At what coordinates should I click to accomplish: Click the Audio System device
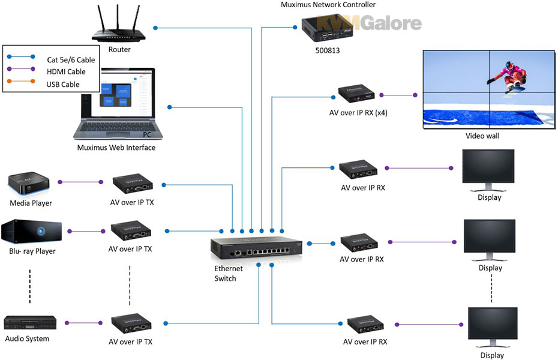point(31,323)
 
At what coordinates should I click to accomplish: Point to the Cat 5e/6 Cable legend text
point(70,59)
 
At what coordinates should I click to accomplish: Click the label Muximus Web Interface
point(116,148)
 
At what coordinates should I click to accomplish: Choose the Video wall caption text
point(482,136)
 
